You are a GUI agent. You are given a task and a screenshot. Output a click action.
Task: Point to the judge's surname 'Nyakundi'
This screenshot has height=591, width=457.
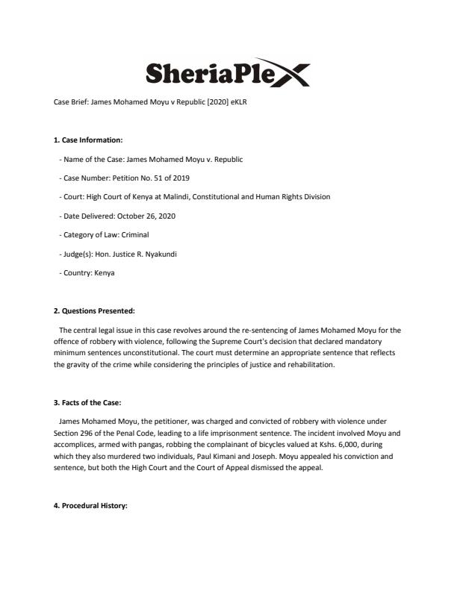[159, 254]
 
